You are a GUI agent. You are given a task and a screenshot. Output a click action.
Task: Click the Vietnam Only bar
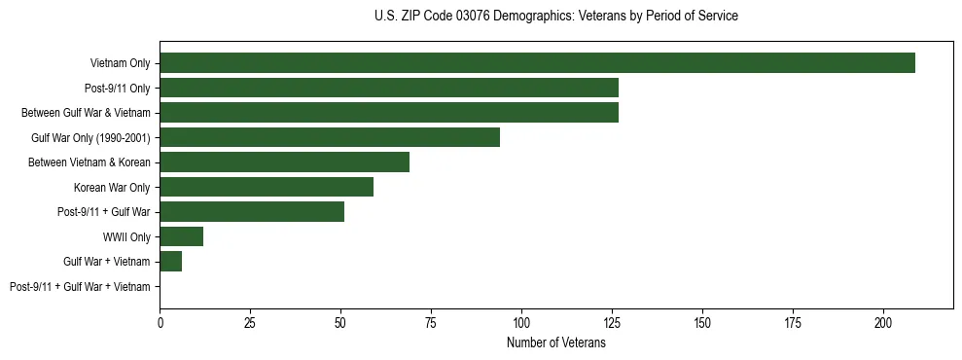click(537, 63)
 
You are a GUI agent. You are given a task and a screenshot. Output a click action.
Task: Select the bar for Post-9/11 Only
click(389, 88)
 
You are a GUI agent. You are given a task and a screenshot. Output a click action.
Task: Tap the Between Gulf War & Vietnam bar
click(389, 113)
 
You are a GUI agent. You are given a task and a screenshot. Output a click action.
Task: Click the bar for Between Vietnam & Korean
click(284, 162)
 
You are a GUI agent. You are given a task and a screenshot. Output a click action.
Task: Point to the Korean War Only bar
click(267, 187)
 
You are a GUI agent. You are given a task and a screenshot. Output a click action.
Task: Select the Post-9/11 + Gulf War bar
click(252, 212)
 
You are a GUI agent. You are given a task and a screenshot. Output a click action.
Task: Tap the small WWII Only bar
click(182, 236)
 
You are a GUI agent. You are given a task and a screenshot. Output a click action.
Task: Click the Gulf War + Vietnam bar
click(171, 262)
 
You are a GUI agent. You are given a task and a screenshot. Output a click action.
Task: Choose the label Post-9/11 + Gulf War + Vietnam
click(80, 287)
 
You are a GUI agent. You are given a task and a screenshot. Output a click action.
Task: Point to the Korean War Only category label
click(112, 188)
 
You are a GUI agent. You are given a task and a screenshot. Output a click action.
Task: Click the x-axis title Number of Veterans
click(556, 342)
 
